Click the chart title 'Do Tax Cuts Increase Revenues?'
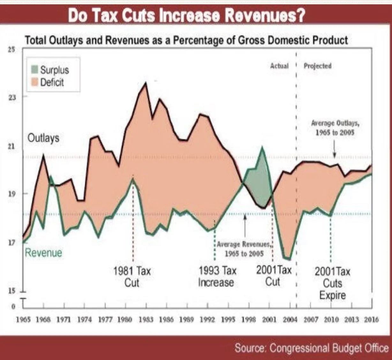tap(186, 16)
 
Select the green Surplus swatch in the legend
tap(35, 70)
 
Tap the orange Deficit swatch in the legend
tap(35, 82)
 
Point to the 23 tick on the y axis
tap(12, 98)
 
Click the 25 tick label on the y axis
tap(12, 50)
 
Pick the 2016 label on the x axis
tap(371, 320)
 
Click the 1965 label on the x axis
tap(23, 320)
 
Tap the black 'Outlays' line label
tap(43, 138)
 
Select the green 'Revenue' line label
tap(43, 253)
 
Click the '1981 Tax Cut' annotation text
tap(132, 277)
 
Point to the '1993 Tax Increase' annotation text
tap(217, 277)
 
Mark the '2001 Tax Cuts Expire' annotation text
tap(332, 283)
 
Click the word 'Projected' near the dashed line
tap(317, 66)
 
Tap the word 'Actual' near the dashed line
tap(279, 66)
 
